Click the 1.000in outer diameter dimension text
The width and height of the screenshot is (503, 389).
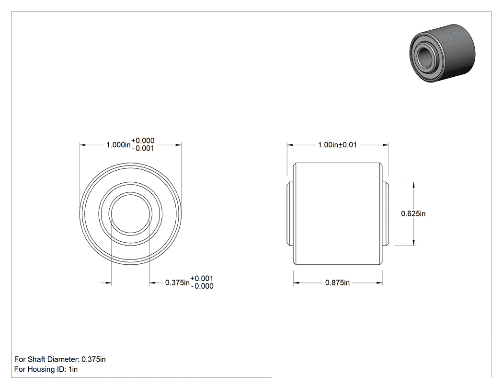[118, 145]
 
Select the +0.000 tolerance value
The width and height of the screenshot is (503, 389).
[143, 141]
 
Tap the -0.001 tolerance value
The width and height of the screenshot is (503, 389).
[143, 148]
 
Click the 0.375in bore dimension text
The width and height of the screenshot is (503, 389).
[177, 283]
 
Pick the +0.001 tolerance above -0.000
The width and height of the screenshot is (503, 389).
[202, 279]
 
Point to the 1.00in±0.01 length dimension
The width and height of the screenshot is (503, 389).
[337, 145]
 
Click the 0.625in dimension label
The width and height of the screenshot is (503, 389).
[413, 213]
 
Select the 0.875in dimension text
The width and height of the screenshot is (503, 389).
[337, 283]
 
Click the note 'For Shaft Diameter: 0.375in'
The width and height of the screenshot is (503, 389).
[60, 359]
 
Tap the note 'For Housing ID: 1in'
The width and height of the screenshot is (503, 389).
[46, 369]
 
